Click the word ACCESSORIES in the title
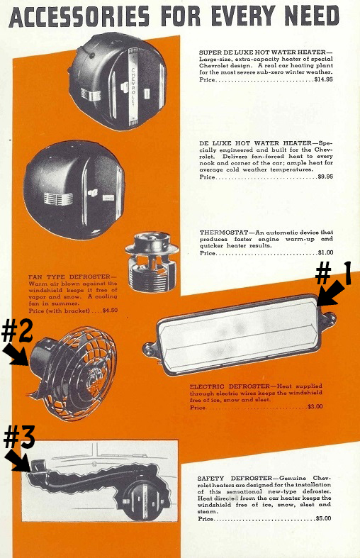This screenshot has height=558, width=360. point(79,17)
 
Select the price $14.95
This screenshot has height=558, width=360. point(323,79)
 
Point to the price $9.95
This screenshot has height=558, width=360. point(325,177)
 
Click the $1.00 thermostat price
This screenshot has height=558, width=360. point(325,252)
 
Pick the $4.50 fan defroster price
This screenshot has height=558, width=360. point(110,311)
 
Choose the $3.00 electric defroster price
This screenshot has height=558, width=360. point(315,406)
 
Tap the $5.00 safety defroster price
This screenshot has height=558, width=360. point(323,518)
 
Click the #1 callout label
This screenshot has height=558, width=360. point(333,273)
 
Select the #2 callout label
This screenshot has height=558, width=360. point(17,330)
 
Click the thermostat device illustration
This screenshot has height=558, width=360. point(152,261)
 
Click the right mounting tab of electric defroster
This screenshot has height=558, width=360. point(328,316)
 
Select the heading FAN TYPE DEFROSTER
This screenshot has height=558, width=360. point(69,277)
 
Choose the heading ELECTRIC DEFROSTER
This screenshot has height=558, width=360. point(230,386)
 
